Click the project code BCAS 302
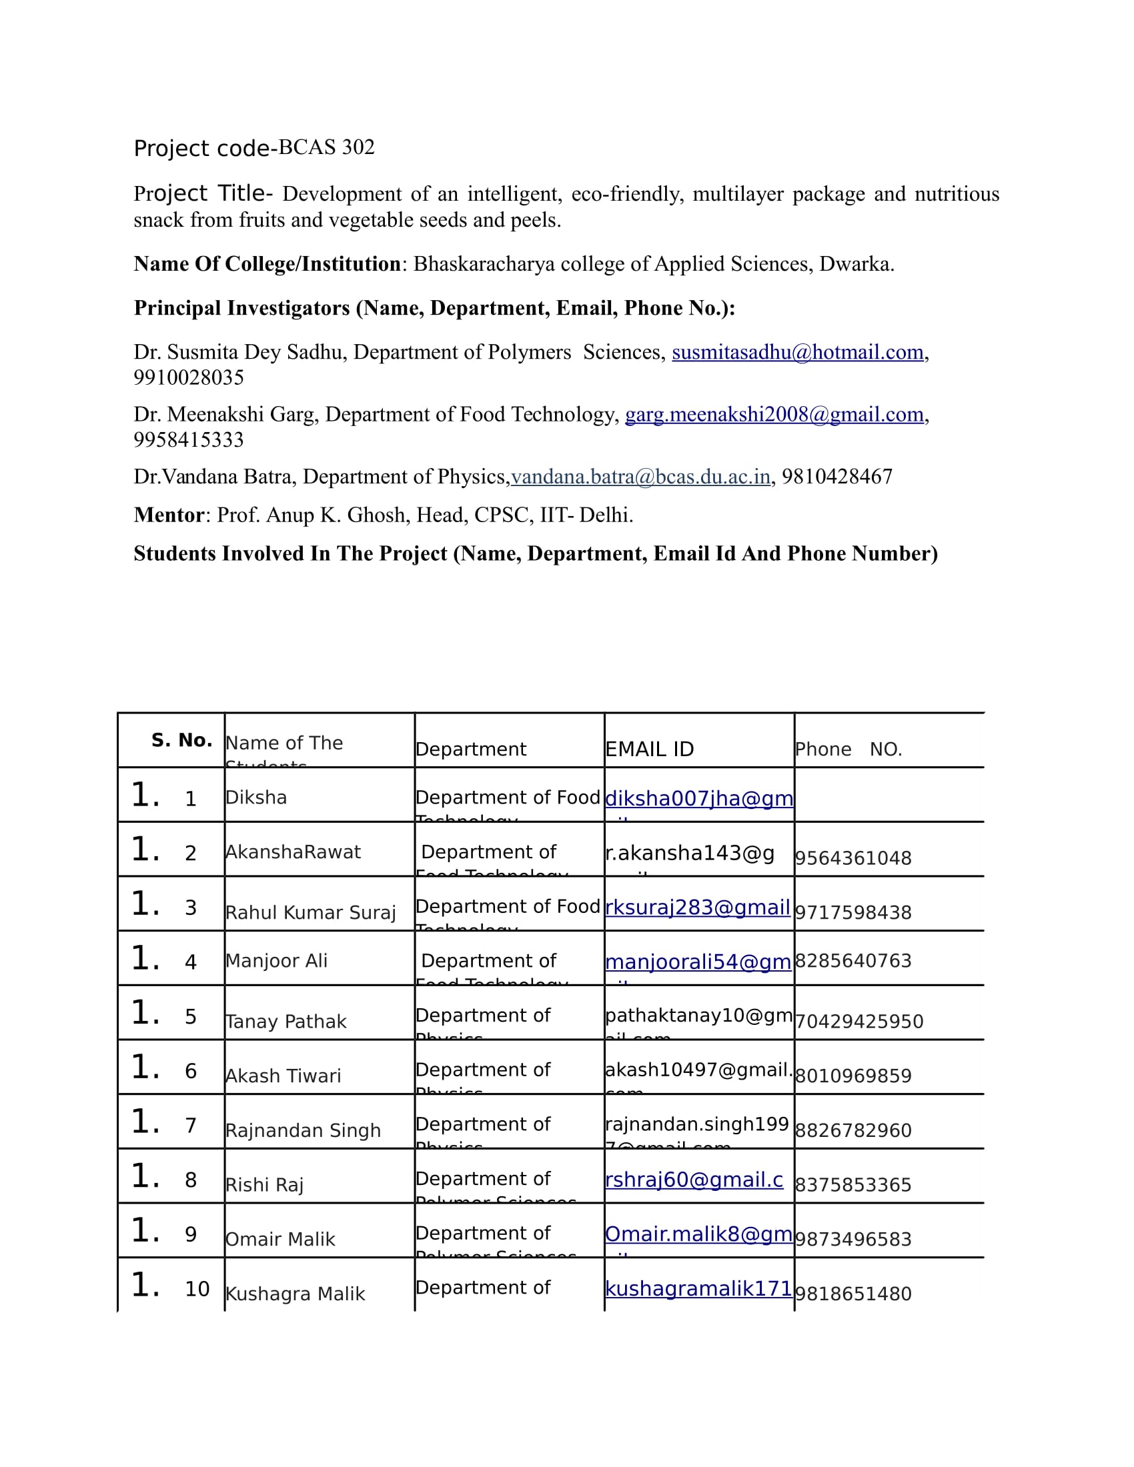click(326, 147)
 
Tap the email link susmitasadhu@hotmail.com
click(797, 352)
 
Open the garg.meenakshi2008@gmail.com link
click(774, 415)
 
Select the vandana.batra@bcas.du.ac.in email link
click(640, 477)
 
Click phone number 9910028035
click(189, 377)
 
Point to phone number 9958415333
click(189, 440)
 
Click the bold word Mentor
click(169, 515)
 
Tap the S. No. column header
click(181, 740)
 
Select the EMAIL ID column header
click(649, 749)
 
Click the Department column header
click(471, 749)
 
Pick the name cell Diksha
click(256, 798)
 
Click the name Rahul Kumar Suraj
click(310, 912)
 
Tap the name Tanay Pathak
click(286, 1021)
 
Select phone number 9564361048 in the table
click(853, 858)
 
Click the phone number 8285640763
click(853, 960)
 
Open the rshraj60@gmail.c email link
click(694, 1180)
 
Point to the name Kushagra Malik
click(296, 1294)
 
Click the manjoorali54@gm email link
click(698, 962)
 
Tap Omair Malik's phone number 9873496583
click(853, 1240)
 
